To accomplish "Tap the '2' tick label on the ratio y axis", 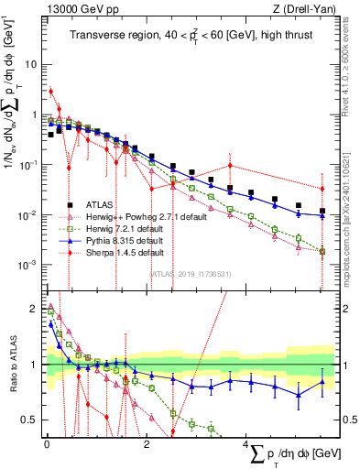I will [34, 309].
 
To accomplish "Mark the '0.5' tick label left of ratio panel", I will [30, 420].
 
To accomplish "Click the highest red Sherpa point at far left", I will [50, 91].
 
